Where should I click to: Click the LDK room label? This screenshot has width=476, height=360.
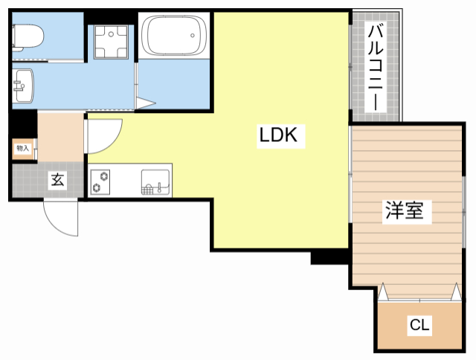click(278, 135)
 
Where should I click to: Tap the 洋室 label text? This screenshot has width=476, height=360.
click(404, 211)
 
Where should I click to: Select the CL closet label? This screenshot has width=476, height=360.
click(419, 325)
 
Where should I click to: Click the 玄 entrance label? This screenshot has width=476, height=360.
click(57, 179)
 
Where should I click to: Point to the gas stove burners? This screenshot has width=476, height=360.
click(100, 181)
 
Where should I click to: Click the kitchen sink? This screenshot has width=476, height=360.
click(155, 181)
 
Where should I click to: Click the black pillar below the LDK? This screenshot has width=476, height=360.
click(326, 257)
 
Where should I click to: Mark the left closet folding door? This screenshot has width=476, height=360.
click(385, 293)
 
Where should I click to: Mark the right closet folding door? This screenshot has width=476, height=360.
click(453, 293)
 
